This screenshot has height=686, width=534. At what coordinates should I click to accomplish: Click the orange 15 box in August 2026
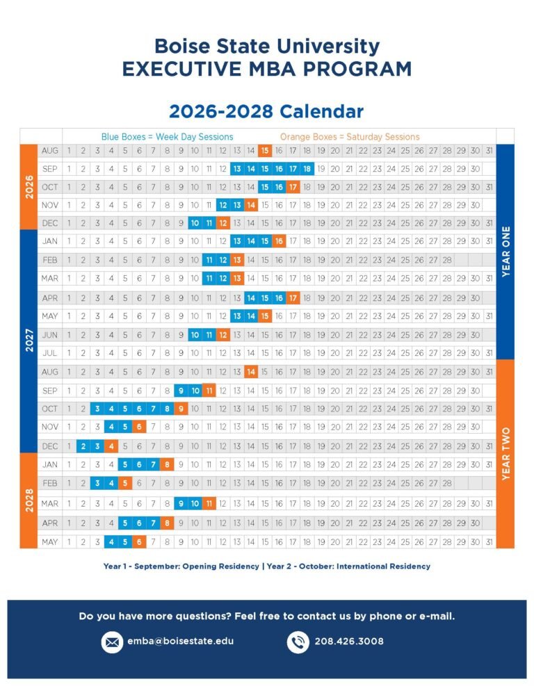(264, 151)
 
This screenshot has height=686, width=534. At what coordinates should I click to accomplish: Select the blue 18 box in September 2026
(307, 169)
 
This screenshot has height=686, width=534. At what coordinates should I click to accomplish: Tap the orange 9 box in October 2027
(181, 409)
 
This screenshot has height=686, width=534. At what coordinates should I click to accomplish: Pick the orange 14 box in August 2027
(250, 372)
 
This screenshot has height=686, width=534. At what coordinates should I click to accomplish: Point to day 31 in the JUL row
(489, 353)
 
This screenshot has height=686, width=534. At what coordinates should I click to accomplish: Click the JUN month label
(50, 334)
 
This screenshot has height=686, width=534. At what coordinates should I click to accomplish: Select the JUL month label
(50, 353)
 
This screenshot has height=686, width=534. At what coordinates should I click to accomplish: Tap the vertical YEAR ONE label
(505, 252)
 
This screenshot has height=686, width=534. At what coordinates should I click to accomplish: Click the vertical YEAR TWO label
(505, 454)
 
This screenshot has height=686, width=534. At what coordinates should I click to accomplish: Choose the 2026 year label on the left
(29, 187)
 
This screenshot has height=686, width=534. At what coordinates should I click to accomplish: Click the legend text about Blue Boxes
(167, 137)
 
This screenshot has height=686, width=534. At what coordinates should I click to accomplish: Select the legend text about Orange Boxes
(350, 137)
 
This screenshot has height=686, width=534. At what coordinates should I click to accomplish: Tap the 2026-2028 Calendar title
(266, 111)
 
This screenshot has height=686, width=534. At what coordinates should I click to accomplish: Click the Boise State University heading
(267, 47)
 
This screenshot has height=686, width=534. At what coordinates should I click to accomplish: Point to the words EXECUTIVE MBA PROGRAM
(267, 70)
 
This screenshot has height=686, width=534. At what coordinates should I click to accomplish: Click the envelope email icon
(112, 642)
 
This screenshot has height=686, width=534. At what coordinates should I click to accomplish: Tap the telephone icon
(298, 642)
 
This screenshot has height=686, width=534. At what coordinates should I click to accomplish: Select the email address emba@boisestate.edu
(180, 641)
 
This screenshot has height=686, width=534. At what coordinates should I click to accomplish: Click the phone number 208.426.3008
(349, 641)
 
